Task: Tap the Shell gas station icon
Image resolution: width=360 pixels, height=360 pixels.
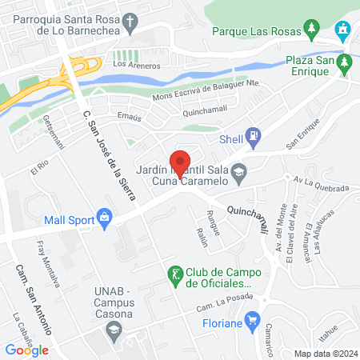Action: [254, 135]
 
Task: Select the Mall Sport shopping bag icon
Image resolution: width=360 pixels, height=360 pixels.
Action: [104, 215]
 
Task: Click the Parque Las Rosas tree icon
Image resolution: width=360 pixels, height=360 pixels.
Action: [310, 31]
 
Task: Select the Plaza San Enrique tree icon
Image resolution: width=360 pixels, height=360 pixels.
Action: [345, 62]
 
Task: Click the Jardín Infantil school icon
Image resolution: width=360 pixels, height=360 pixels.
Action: [238, 170]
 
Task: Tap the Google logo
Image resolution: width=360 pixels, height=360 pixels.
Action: [27, 349]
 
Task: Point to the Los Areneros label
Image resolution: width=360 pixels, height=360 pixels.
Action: [133, 63]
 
